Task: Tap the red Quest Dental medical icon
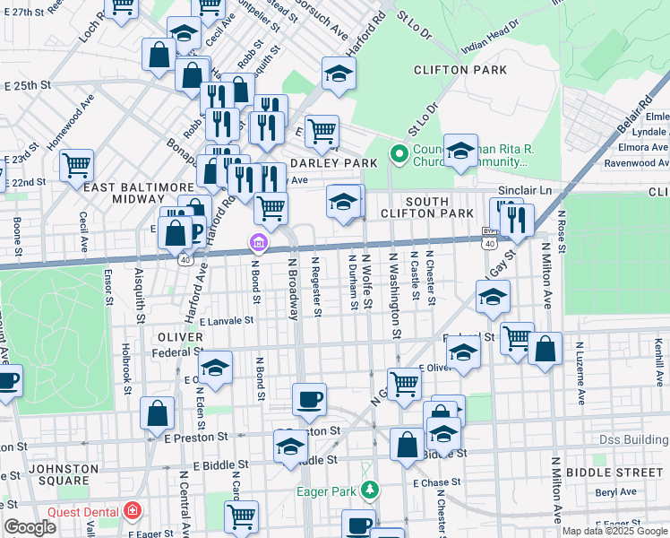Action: click(x=133, y=512)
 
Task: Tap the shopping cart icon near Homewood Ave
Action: click(x=77, y=164)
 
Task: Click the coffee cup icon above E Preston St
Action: click(x=310, y=398)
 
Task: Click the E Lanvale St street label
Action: click(x=227, y=319)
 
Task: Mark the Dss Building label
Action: click(x=634, y=441)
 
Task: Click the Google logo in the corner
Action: click(x=30, y=527)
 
